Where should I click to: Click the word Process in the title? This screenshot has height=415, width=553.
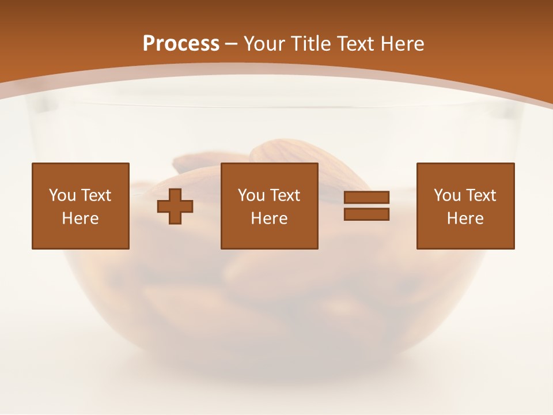pyautogui.click(x=181, y=44)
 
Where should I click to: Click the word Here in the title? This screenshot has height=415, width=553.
pyautogui.click(x=403, y=44)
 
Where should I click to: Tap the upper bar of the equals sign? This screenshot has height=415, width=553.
pyautogui.click(x=366, y=198)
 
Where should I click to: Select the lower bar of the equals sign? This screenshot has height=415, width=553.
pyautogui.click(x=366, y=214)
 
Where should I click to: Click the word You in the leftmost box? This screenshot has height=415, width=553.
pyautogui.click(x=62, y=195)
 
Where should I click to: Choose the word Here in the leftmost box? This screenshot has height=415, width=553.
pyautogui.click(x=81, y=218)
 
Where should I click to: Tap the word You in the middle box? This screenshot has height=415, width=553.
pyautogui.click(x=251, y=195)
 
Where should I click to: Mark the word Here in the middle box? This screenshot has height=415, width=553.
pyautogui.click(x=270, y=218)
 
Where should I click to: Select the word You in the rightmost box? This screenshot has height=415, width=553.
pyautogui.click(x=447, y=195)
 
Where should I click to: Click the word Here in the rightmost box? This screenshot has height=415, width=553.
pyautogui.click(x=465, y=218)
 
